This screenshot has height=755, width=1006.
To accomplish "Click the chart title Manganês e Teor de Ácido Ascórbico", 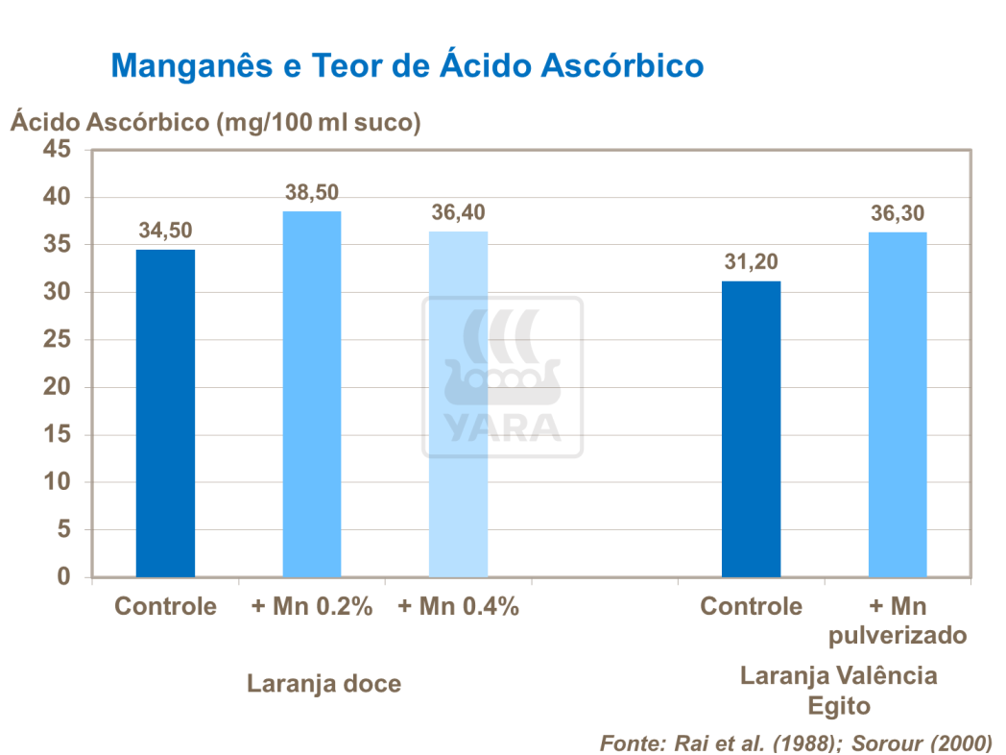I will (407, 65).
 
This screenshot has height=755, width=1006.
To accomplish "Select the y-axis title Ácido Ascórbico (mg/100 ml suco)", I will (215, 122).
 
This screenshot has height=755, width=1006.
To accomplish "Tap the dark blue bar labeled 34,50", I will (165, 413).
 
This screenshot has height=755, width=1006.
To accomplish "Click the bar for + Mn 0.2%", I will (312, 394).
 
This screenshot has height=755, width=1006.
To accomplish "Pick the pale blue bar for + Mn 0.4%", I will (458, 403).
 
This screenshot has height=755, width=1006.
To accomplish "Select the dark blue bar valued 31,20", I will (751, 428).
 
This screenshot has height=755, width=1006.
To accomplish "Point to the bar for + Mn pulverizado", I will (898, 404).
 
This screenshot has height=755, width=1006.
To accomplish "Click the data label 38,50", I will (312, 192).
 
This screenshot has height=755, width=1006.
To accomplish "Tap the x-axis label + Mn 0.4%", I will (458, 607).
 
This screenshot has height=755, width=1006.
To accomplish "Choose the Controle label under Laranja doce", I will (165, 607).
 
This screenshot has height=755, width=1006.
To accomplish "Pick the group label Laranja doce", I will (323, 684).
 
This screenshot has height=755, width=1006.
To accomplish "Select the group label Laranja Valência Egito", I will (838, 690).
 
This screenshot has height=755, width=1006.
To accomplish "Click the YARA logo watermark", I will (502, 377).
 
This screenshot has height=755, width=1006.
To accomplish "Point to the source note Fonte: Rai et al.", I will (796, 743).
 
